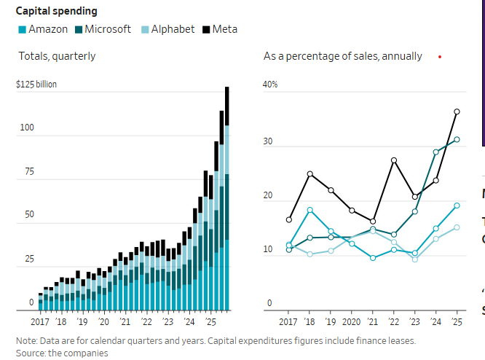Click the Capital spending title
click(57, 11)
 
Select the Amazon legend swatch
click(23, 30)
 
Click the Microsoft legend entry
click(102, 29)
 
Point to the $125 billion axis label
click(36, 85)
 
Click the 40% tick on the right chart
click(270, 85)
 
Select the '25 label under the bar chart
click(212, 322)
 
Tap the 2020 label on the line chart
click(352, 322)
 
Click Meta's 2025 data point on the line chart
click(457, 111)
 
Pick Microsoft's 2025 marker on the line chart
click(457, 139)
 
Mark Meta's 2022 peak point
click(394, 160)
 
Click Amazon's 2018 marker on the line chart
click(310, 210)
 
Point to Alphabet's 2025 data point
click(457, 227)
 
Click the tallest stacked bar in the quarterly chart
click(227, 197)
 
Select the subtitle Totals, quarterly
click(57, 56)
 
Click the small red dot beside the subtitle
click(440, 56)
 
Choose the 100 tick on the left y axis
click(27, 128)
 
